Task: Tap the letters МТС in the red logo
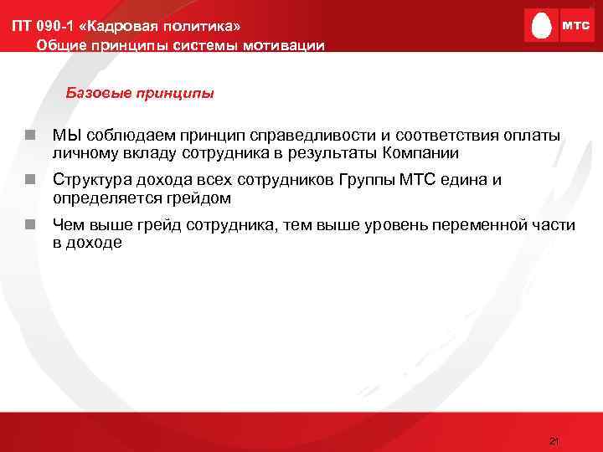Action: click(x=575, y=26)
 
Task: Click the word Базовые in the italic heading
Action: click(x=95, y=93)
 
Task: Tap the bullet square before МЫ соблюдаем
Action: click(x=29, y=136)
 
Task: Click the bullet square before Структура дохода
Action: click(x=29, y=180)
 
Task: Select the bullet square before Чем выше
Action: click(x=29, y=224)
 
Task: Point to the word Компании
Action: click(x=420, y=153)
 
